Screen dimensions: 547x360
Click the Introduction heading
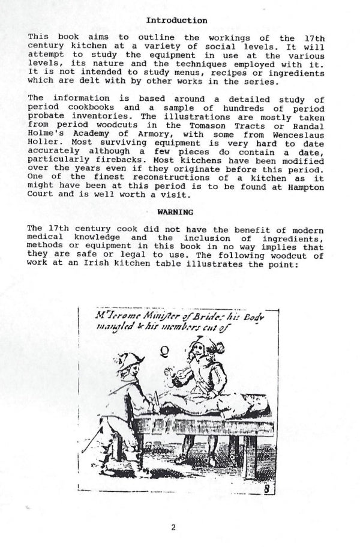point(177,20)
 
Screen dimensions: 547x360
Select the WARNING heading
point(175,212)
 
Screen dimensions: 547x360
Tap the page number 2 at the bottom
point(173,528)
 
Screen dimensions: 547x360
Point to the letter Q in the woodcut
point(163,351)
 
